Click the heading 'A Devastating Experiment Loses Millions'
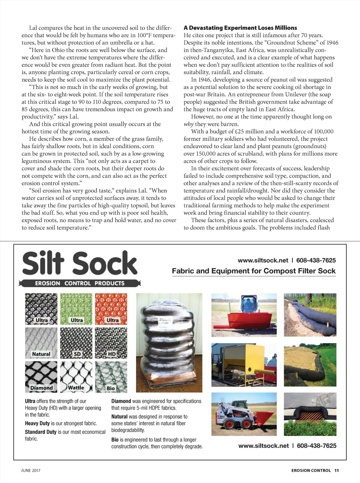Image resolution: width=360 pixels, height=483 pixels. click(x=240, y=28)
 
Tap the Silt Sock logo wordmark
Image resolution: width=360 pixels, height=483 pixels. click(x=80, y=263)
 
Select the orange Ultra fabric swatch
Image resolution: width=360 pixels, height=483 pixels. click(x=111, y=309)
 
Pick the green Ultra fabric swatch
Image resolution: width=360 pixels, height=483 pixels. click(x=76, y=309)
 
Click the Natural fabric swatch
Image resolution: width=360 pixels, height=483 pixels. click(x=41, y=343)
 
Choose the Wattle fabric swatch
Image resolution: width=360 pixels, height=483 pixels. click(x=76, y=377)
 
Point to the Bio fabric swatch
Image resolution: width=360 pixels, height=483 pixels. click(x=111, y=377)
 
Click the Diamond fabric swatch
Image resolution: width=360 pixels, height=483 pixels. click(x=41, y=377)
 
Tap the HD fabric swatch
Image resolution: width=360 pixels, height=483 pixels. click(x=111, y=343)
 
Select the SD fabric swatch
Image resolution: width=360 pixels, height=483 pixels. click(x=76, y=343)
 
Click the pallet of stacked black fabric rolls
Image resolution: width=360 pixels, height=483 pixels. click(x=169, y=342)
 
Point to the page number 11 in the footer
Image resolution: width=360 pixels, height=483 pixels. click(x=336, y=470)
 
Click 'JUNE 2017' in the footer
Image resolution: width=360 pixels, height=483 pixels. click(x=31, y=470)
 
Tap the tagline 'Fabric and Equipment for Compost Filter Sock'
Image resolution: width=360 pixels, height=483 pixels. click(x=253, y=271)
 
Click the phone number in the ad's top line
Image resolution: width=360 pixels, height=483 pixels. click(x=316, y=260)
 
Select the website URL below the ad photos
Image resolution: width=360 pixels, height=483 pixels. click(x=263, y=445)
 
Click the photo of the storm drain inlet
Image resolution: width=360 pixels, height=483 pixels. click(x=310, y=414)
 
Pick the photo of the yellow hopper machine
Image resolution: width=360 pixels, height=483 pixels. click(x=244, y=365)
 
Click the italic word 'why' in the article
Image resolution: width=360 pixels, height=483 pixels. click(x=188, y=124)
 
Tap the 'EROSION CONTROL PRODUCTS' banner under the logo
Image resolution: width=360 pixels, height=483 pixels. click(x=80, y=283)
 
